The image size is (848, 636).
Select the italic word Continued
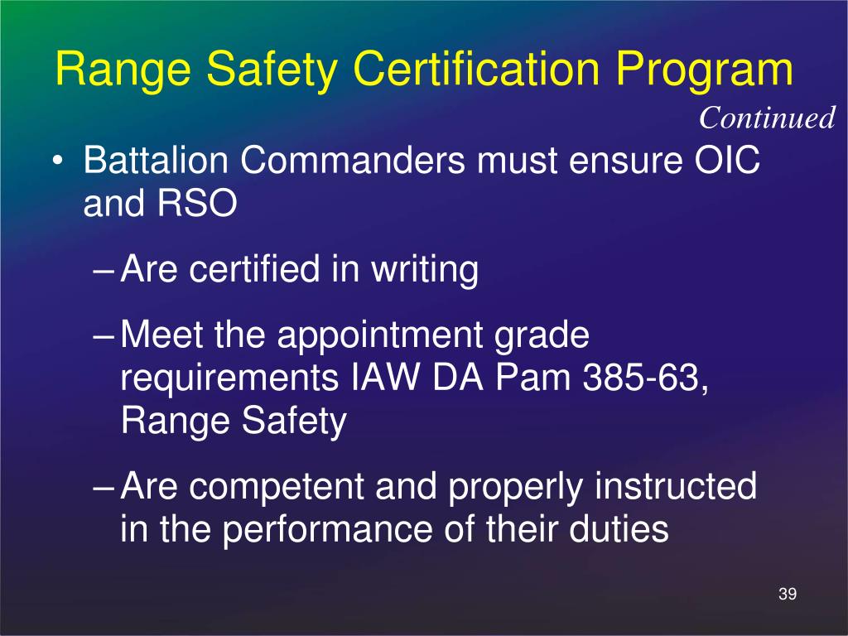click(767, 118)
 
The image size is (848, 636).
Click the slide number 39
click(788, 595)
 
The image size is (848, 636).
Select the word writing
click(426, 271)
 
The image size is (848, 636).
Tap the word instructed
click(675, 487)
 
